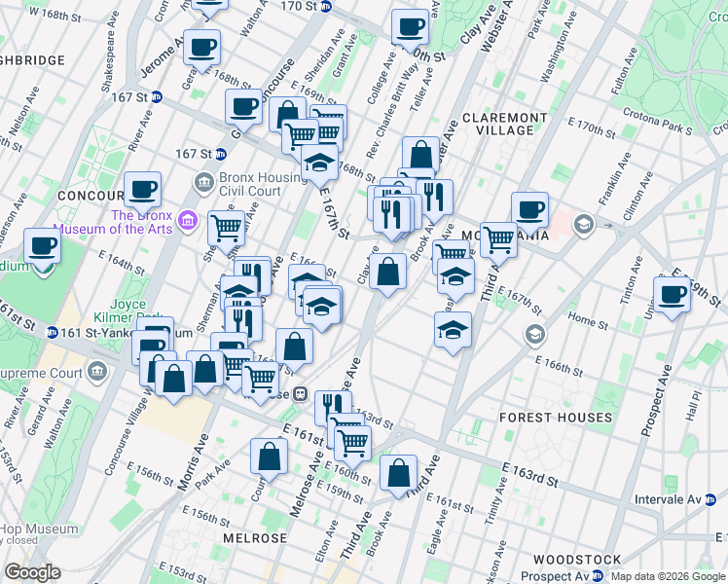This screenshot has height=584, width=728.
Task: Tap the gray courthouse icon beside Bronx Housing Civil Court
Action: [204, 181]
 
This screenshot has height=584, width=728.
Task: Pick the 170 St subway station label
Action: [299, 6]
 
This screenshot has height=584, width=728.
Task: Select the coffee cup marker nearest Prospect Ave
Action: [672, 295]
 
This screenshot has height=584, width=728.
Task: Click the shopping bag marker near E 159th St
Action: [398, 475]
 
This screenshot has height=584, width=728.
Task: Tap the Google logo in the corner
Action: [32, 572]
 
